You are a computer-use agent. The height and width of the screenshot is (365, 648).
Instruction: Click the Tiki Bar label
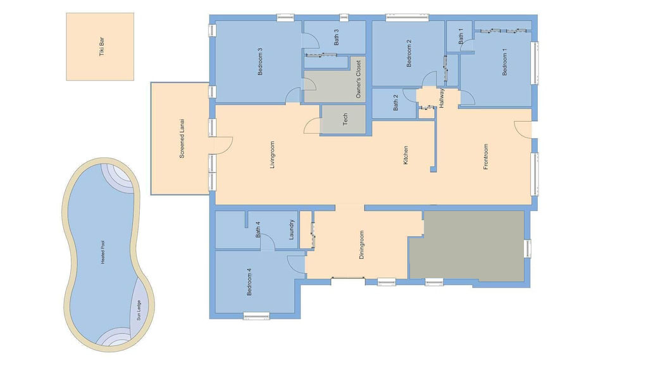[x=102, y=47]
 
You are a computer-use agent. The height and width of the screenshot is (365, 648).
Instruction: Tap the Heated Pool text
[x=103, y=252]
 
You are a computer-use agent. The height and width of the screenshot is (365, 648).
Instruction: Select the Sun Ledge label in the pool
[x=139, y=311]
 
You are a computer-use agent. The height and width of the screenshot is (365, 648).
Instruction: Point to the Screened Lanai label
[x=182, y=139]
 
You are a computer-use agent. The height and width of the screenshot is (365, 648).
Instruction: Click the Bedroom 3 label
[x=260, y=61]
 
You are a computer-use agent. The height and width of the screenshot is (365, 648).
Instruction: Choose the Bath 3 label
[x=337, y=37]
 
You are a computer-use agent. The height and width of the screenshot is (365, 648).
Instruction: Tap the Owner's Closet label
[x=358, y=79]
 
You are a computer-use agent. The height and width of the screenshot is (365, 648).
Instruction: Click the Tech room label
[x=346, y=119]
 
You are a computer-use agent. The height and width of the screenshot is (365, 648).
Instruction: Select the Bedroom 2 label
[x=409, y=53]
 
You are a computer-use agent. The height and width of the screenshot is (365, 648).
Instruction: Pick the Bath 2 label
[x=396, y=102]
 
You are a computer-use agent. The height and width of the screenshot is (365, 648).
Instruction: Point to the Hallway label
[x=441, y=98]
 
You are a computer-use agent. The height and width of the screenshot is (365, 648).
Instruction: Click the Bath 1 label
[x=461, y=36]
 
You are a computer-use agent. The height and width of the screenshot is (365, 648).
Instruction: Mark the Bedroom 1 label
[x=504, y=62]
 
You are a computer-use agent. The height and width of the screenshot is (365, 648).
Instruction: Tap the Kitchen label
[x=406, y=155]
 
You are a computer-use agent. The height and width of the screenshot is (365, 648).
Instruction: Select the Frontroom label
[x=485, y=157]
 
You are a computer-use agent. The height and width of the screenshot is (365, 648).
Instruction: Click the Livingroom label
[x=272, y=155]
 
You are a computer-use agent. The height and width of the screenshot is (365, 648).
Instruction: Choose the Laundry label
[x=291, y=229]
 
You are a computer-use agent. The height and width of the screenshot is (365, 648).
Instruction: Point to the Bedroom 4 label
[x=249, y=282]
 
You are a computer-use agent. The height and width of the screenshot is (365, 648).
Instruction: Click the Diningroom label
[x=361, y=245]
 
